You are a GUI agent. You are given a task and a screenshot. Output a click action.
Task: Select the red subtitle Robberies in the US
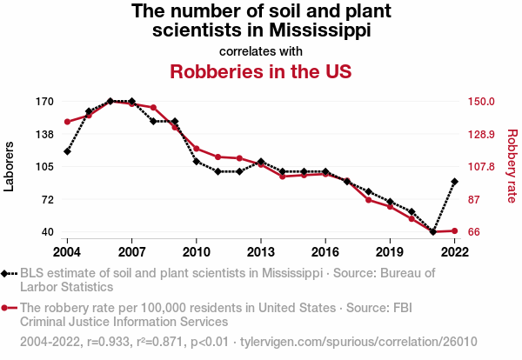(260, 71)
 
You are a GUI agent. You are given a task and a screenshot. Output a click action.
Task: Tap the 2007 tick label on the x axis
(131, 252)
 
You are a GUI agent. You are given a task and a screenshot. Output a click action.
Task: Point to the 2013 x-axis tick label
(261, 252)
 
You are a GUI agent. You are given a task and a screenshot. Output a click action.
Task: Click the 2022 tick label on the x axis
(455, 252)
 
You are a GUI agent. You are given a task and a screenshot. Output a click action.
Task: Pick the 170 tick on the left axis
(44, 101)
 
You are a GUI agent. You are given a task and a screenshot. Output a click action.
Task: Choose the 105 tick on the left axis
(44, 166)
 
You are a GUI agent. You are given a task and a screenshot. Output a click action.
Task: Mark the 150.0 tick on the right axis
(480, 101)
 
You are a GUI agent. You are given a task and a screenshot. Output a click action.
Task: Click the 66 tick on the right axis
(475, 231)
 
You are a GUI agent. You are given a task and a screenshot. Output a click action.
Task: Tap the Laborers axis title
(10, 166)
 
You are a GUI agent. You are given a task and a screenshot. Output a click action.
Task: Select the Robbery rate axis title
(512, 166)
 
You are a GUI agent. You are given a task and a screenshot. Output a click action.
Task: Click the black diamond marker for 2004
(67, 151)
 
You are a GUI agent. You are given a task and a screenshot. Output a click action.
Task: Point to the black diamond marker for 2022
(455, 182)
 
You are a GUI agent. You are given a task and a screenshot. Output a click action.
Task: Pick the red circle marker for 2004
(67, 122)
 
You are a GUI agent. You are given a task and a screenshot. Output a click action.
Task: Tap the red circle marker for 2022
(455, 230)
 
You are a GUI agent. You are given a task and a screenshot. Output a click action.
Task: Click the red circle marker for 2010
(197, 149)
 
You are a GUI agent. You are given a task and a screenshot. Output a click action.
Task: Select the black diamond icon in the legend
(8, 273)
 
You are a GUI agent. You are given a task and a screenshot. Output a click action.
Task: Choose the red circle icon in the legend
(8, 308)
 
